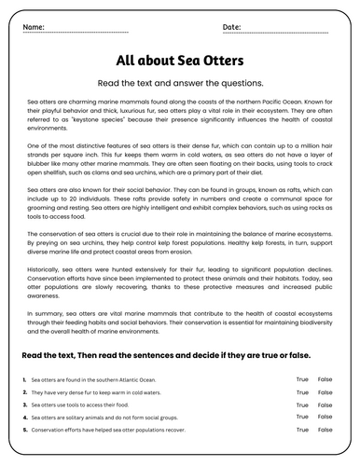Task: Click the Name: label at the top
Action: [34, 27]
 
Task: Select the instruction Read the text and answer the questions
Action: [180, 82]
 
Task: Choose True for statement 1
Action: [301, 380]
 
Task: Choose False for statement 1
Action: [325, 380]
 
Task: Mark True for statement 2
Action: [301, 393]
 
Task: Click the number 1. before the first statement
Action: [22, 380]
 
